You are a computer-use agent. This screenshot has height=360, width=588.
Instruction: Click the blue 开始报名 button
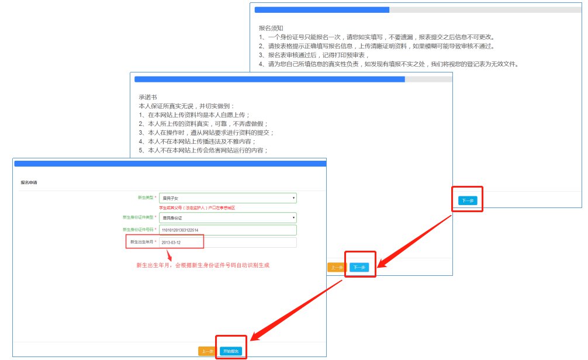click(231, 351)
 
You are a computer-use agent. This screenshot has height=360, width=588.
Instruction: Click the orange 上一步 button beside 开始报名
click(207, 351)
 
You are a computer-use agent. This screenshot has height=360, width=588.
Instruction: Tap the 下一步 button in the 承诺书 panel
click(359, 267)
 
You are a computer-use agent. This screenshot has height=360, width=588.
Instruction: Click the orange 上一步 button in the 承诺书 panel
click(336, 267)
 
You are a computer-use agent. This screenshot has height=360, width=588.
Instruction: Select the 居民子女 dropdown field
click(228, 198)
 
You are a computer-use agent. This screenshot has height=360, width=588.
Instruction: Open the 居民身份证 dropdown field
click(228, 218)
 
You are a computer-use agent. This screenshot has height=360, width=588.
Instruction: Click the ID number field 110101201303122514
click(228, 230)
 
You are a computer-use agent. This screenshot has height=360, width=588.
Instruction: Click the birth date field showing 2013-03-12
click(228, 242)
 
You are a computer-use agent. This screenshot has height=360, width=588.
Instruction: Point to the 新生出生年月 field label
click(143, 241)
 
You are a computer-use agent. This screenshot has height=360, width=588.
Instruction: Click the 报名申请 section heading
click(29, 182)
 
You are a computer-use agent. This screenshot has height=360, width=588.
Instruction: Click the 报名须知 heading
click(271, 27)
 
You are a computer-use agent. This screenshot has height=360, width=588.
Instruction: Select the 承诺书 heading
click(147, 97)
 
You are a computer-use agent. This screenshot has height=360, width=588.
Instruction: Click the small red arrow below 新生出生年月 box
click(170, 255)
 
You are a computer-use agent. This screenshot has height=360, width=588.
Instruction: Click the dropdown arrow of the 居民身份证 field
click(293, 218)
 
